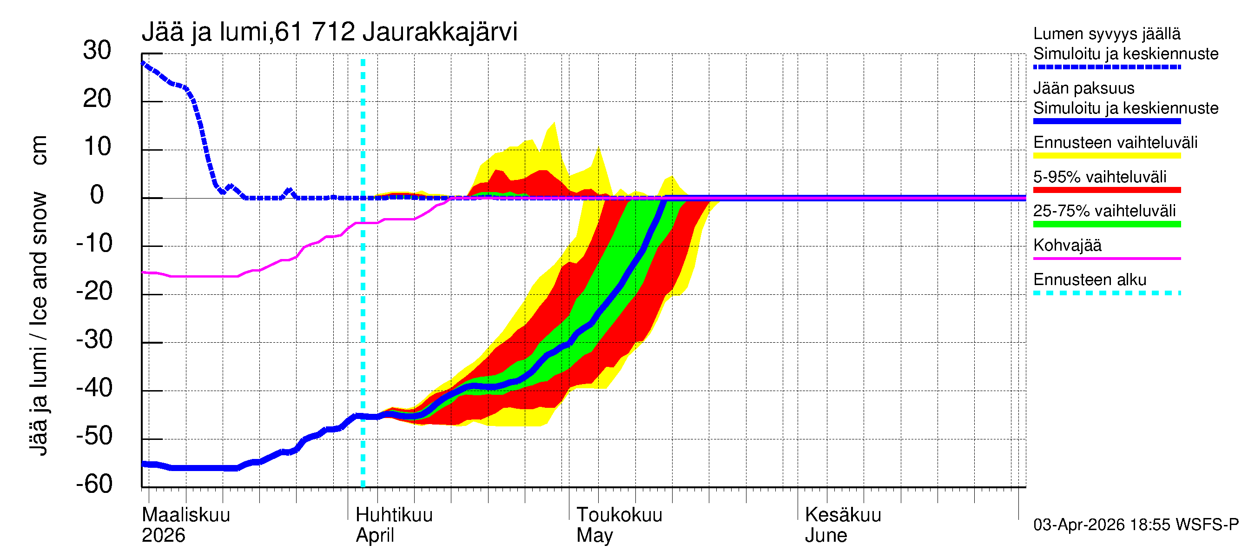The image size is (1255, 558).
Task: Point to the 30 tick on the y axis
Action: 97,51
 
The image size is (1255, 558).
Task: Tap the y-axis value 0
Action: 97,195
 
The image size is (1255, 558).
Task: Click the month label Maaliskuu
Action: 185,515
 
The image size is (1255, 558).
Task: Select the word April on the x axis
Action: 375,535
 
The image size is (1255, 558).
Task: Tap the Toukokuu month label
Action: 619,515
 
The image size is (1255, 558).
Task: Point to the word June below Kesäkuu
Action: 826,535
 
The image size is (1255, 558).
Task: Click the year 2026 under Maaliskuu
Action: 163,535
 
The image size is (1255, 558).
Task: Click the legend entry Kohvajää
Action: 1067,245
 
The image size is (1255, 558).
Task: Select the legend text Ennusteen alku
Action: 1090,280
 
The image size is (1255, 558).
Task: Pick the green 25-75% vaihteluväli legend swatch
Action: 1106,224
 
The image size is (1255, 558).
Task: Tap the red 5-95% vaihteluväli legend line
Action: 1106,190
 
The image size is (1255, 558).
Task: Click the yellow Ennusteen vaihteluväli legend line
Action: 1106,156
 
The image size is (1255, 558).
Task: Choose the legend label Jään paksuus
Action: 1083,88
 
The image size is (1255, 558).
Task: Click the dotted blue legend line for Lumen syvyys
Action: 1106,67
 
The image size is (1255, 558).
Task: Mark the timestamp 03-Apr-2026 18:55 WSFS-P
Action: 1136,525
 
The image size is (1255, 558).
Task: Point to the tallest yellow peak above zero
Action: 554,124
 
